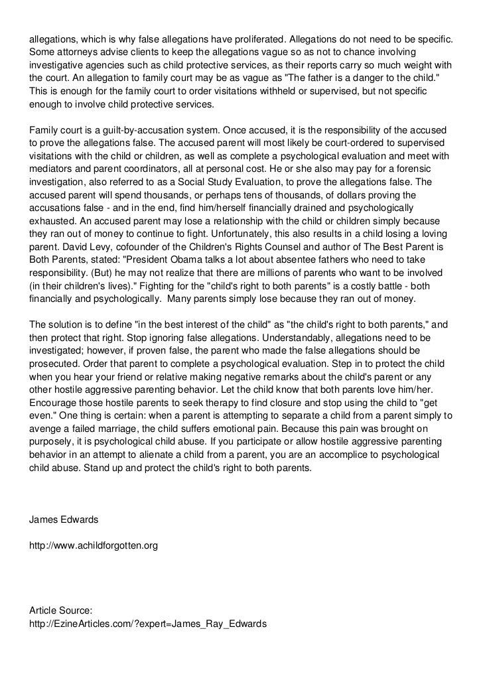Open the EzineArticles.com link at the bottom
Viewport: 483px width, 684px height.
pos(147,623)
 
